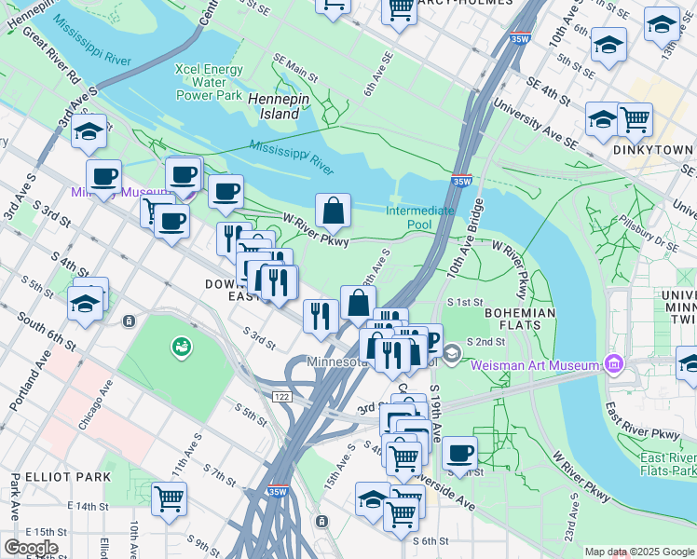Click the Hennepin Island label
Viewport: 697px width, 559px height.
pyautogui.click(x=274, y=105)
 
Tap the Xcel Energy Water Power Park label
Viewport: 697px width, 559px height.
pyautogui.click(x=210, y=82)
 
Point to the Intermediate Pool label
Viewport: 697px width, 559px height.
pyautogui.click(x=420, y=218)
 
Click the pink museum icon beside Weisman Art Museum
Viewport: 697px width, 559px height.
pyautogui.click(x=613, y=363)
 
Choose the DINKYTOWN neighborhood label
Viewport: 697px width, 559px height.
pyautogui.click(x=653, y=149)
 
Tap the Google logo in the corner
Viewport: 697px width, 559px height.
pyautogui.click(x=31, y=548)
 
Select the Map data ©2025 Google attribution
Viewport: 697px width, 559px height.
pyautogui.click(x=638, y=552)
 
